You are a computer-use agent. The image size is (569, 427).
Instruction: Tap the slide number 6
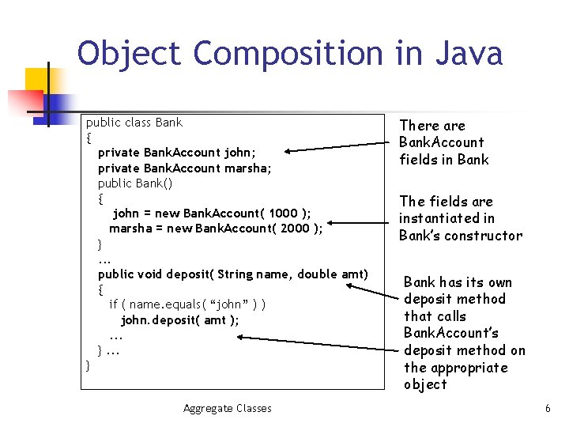point(547,408)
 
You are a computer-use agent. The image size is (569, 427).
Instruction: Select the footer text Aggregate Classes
point(227,408)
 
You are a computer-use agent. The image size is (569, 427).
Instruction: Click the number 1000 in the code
point(283,213)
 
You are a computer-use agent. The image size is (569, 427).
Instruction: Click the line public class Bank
point(134,123)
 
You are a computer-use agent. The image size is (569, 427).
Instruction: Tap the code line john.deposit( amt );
point(179,319)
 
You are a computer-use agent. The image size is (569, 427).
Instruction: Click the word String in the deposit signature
point(235,274)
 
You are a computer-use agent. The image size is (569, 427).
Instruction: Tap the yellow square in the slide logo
point(39,80)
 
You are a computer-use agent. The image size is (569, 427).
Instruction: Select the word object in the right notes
point(425,384)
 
